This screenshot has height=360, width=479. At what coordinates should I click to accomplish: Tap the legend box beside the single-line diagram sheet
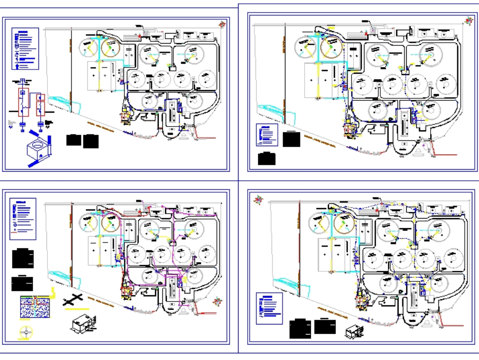(25, 48)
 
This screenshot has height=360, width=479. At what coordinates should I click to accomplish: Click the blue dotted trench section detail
(34, 307)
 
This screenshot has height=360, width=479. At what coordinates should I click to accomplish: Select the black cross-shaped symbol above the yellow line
(72, 301)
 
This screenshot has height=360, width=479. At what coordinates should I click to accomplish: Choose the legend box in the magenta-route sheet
(23, 219)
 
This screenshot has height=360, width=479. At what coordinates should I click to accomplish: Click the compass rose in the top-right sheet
(468, 21)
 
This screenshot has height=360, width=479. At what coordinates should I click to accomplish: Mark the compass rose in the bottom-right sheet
(259, 199)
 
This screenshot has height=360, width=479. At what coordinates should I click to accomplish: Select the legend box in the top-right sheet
(267, 135)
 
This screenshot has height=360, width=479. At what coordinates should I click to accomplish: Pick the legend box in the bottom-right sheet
(269, 308)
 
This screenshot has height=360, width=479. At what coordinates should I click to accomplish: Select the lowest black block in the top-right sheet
(267, 159)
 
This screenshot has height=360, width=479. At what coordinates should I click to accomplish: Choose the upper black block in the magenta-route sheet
(23, 258)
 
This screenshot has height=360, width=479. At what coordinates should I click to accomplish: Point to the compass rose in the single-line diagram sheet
(221, 23)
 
